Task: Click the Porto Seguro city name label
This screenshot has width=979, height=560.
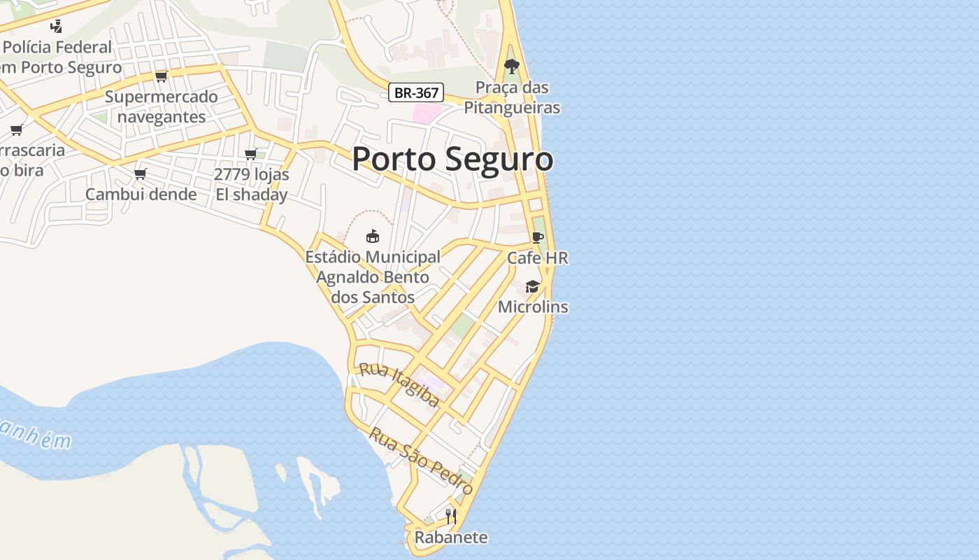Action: (x=452, y=160)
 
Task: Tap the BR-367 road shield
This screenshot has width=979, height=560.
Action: (x=416, y=92)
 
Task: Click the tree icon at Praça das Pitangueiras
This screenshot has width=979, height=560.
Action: (x=512, y=67)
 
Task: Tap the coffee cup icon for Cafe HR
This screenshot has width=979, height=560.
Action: (x=537, y=238)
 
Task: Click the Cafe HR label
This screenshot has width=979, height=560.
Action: (x=537, y=258)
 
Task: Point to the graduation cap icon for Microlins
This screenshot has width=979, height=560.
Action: (x=532, y=286)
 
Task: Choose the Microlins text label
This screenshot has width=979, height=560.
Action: (x=533, y=307)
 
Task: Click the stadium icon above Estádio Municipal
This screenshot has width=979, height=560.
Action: (x=373, y=237)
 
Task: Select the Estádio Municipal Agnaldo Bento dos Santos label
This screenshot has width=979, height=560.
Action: (x=373, y=277)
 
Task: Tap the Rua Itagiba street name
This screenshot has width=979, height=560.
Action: (x=399, y=385)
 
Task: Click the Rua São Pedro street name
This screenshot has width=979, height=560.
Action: (x=421, y=461)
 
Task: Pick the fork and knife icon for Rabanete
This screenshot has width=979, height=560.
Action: (x=451, y=517)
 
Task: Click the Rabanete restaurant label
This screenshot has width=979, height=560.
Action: (x=451, y=538)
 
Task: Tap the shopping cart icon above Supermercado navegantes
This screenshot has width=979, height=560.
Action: (x=162, y=76)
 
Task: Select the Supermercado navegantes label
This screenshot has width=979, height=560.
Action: (x=162, y=106)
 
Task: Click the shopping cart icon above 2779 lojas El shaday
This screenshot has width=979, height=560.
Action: (x=250, y=154)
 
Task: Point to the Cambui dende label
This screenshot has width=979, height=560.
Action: (x=141, y=194)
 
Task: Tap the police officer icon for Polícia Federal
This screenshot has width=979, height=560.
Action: (x=57, y=27)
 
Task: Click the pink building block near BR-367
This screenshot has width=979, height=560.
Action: (x=426, y=113)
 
